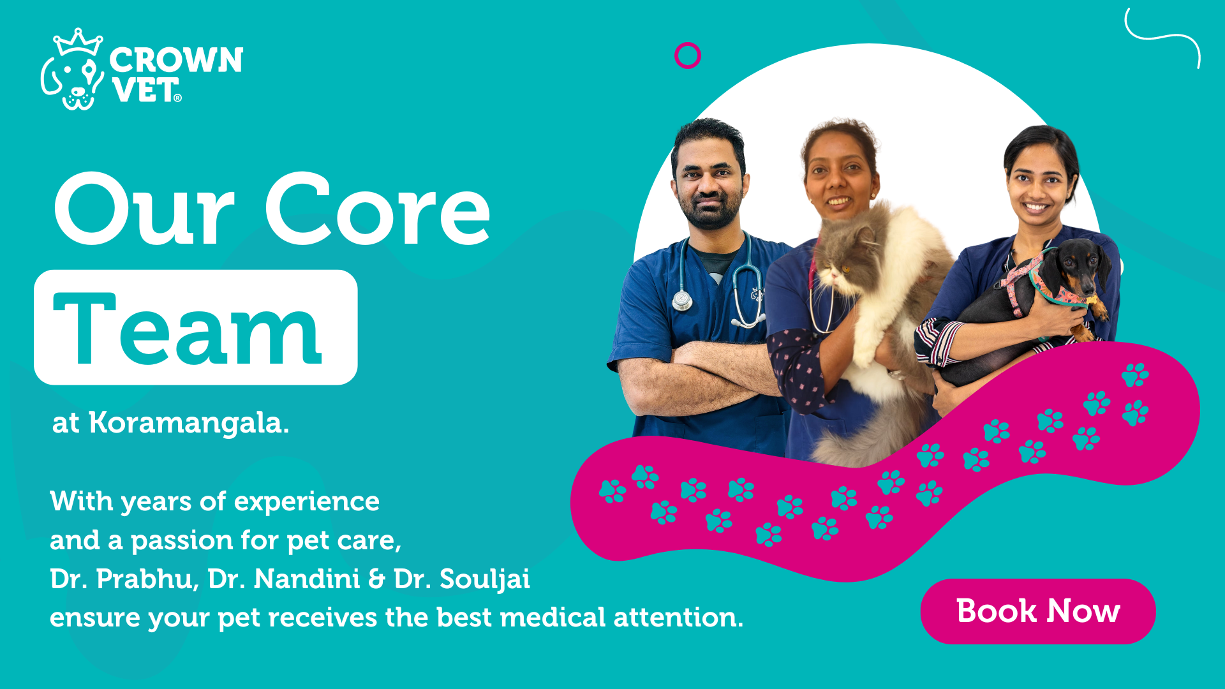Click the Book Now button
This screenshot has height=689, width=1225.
[x=1038, y=611]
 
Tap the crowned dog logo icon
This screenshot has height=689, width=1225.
[x=73, y=69]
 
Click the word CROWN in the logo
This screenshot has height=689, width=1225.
[x=176, y=60]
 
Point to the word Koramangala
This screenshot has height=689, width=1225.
[x=189, y=422]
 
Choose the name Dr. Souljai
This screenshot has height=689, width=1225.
[x=462, y=579]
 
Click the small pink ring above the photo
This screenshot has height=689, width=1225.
[x=688, y=56]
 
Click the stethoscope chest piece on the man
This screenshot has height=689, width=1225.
[x=682, y=299]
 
